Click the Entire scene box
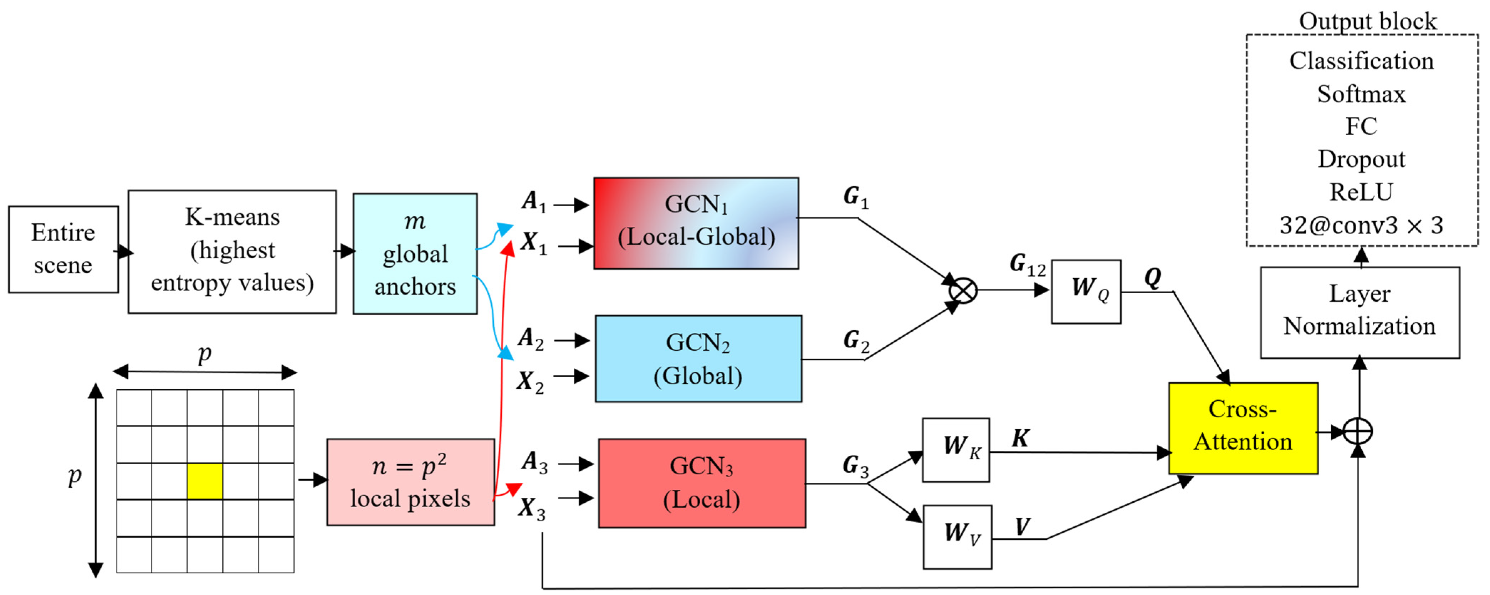tap(63, 249)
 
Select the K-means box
tap(232, 252)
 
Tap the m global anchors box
tap(415, 254)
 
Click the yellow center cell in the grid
tap(205, 481)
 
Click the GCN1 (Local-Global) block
tap(696, 223)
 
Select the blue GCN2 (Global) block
tap(698, 358)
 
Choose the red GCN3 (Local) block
tap(702, 483)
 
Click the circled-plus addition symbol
tap(1357, 431)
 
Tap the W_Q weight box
tap(1086, 291)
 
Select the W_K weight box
tap(956, 450)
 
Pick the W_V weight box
tap(957, 537)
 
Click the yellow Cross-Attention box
tap(1243, 428)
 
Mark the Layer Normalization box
tap(1359, 312)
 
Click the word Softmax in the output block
tap(1361, 94)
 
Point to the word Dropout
tap(1361, 159)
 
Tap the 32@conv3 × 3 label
tap(1361, 225)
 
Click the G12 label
tap(1027, 264)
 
